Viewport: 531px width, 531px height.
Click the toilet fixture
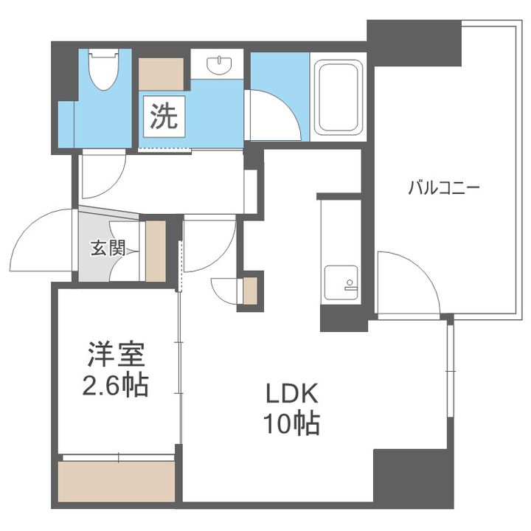(104, 69)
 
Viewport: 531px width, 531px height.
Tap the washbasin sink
(220, 64)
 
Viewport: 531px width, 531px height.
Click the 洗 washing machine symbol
(164, 117)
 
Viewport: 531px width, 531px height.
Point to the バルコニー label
(444, 188)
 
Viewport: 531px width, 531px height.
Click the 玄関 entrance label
(108, 248)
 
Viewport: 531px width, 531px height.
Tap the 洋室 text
(117, 354)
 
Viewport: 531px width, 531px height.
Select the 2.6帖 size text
(116, 385)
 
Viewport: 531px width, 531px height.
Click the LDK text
(292, 393)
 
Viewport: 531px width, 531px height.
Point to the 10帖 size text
(292, 423)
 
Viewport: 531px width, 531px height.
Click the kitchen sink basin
(341, 282)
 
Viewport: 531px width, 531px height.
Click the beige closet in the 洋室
(117, 481)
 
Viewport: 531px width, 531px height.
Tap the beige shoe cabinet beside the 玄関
(156, 251)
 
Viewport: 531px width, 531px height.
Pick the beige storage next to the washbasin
(162, 74)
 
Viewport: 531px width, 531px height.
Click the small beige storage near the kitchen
(250, 291)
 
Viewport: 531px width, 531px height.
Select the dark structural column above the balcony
(414, 44)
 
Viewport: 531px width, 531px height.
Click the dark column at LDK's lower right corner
(413, 479)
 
